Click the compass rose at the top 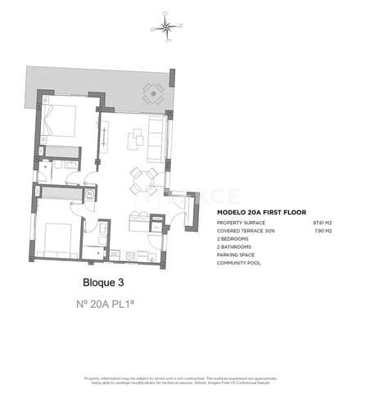(x=166, y=27)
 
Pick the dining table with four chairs (x=143, y=180)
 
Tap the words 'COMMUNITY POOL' (x=239, y=263)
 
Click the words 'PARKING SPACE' (x=236, y=255)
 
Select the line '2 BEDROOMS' (x=233, y=239)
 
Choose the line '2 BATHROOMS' (x=233, y=246)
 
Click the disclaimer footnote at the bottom (x=187, y=380)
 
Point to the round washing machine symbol (x=89, y=193)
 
